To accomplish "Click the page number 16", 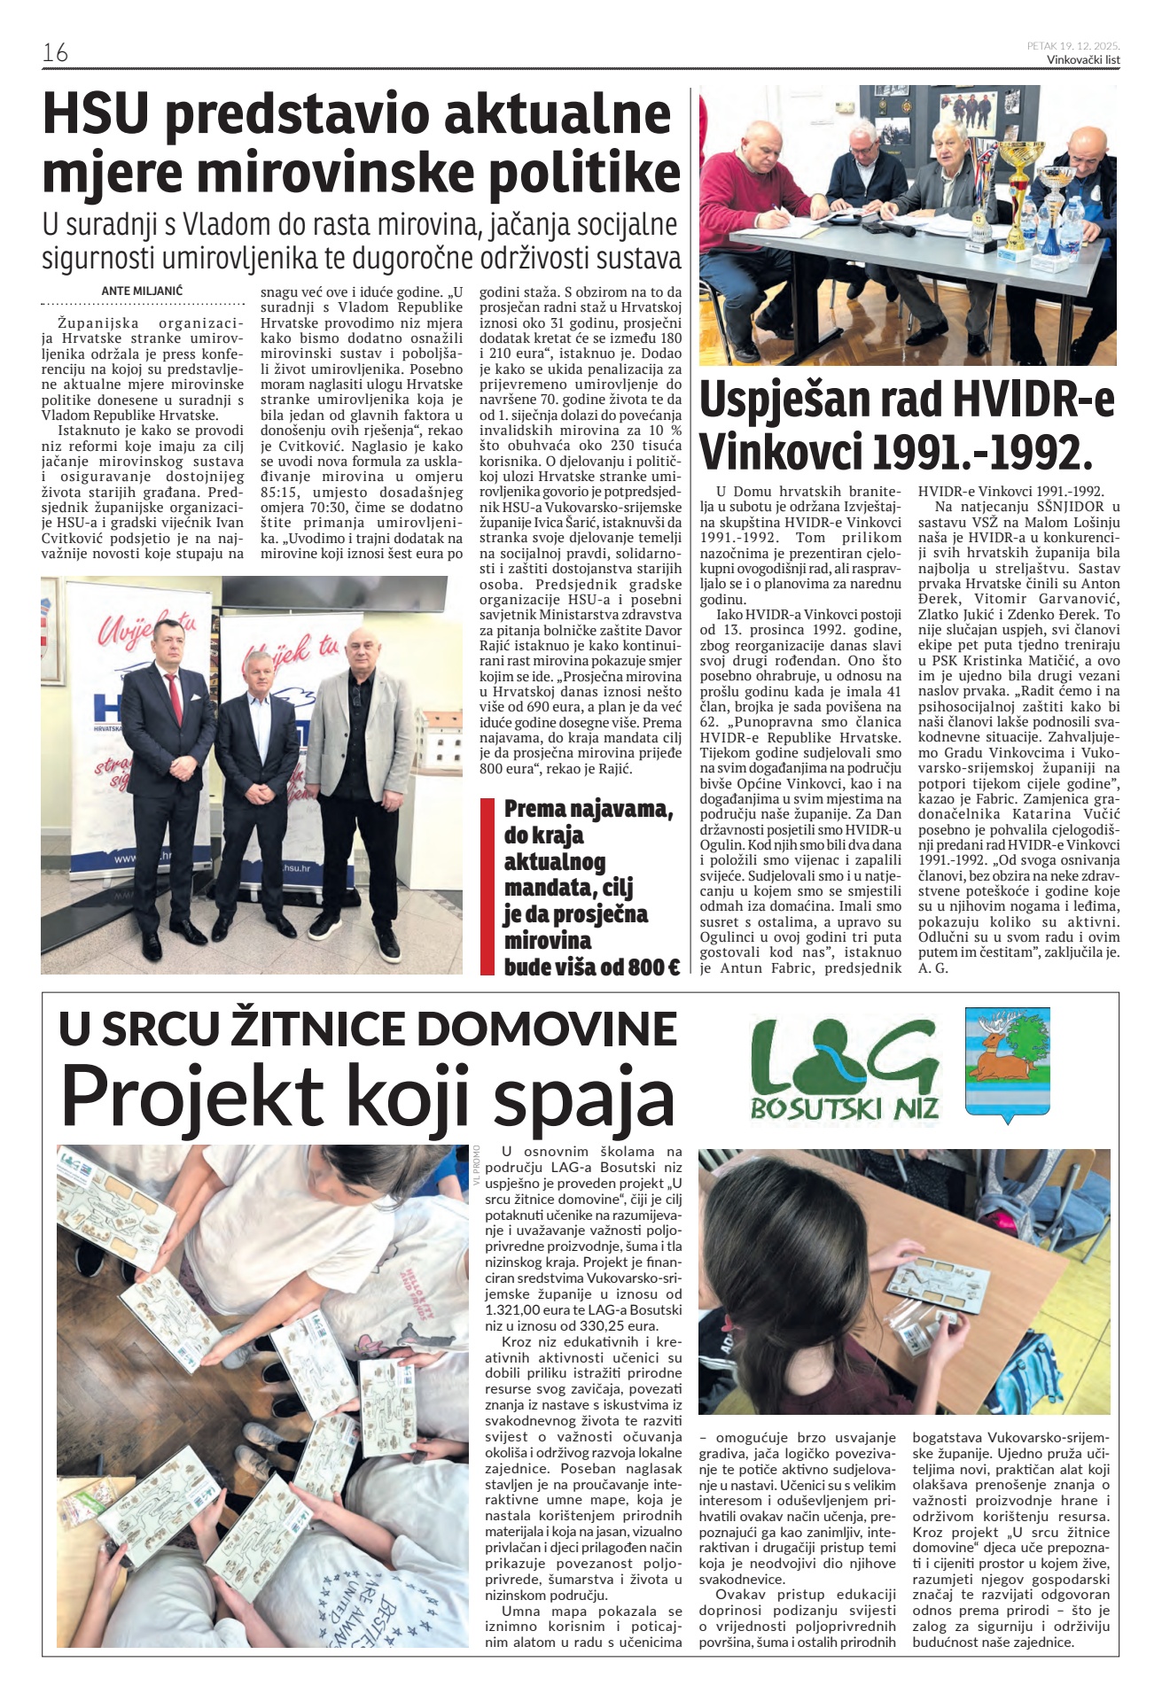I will [55, 52].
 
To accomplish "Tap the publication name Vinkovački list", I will [1083, 59].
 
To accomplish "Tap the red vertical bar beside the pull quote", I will [487, 887].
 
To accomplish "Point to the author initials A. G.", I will [933, 968].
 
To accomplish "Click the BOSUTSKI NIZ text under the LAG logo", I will [845, 1107].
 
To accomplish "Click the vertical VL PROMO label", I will [477, 1165].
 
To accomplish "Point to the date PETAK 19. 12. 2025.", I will [1073, 45].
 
